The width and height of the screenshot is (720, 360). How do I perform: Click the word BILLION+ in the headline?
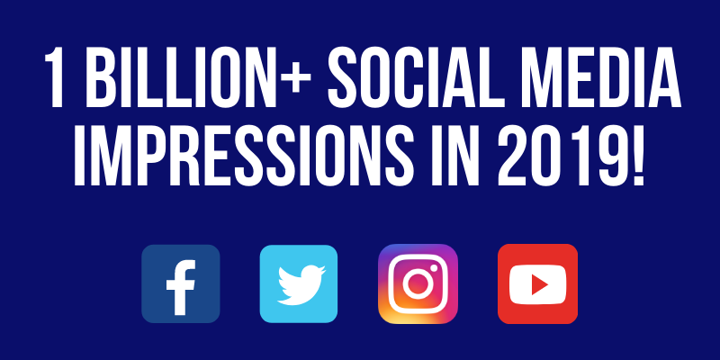(x=198, y=77)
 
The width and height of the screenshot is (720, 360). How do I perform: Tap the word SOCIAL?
(x=409, y=77)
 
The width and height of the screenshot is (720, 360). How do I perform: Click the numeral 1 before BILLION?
(x=54, y=77)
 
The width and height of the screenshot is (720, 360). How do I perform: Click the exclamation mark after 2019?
(x=637, y=155)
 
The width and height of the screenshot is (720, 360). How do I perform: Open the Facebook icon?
(x=181, y=283)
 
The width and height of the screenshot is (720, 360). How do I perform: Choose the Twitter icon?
(x=299, y=283)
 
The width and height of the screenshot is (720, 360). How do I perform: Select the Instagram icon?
(x=418, y=283)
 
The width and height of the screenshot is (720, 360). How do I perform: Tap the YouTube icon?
(x=537, y=283)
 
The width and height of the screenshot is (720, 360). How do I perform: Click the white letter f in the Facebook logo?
(x=181, y=287)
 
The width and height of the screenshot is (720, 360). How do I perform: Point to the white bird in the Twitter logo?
(x=301, y=284)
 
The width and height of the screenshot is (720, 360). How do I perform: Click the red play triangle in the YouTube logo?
(x=539, y=284)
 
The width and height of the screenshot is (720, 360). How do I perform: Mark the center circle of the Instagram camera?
(x=418, y=283)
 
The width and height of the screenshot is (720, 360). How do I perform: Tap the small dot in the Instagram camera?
(x=434, y=267)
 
